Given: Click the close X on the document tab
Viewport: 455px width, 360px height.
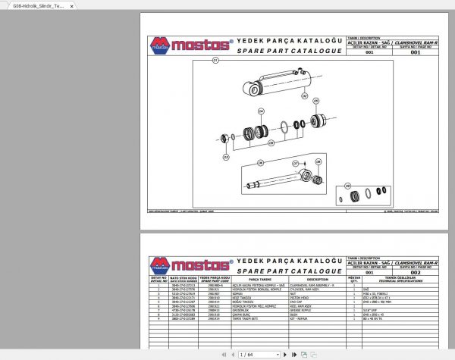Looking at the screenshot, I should click(x=69, y=5).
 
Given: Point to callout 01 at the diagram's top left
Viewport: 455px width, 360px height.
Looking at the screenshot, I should click(x=215, y=60).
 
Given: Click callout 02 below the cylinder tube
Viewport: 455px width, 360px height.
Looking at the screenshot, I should click(x=305, y=97).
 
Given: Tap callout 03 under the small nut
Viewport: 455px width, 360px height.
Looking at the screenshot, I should click(x=226, y=157).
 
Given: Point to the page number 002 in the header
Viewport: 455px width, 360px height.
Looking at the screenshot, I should click(x=415, y=272).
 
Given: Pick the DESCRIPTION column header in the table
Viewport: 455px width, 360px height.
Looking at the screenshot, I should click(x=312, y=279).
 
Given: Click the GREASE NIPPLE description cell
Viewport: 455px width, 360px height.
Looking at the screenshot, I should click(x=312, y=309).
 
